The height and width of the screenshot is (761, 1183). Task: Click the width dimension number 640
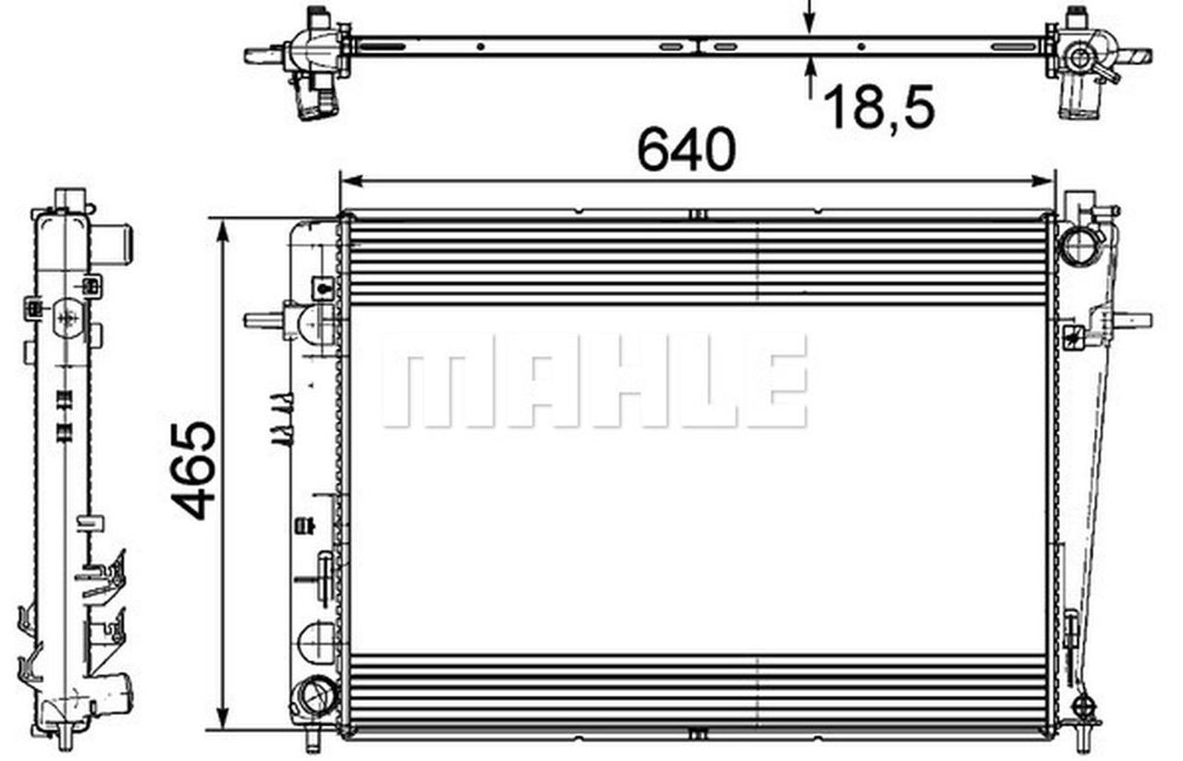click(x=686, y=150)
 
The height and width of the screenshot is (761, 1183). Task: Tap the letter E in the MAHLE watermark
click(x=775, y=381)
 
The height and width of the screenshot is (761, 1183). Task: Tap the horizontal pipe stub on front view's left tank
click(x=264, y=320)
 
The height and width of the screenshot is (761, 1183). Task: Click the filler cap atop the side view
click(x=70, y=200)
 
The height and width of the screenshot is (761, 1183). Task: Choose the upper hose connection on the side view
click(x=115, y=243)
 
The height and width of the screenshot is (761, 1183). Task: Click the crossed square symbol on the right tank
click(x=1073, y=335)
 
